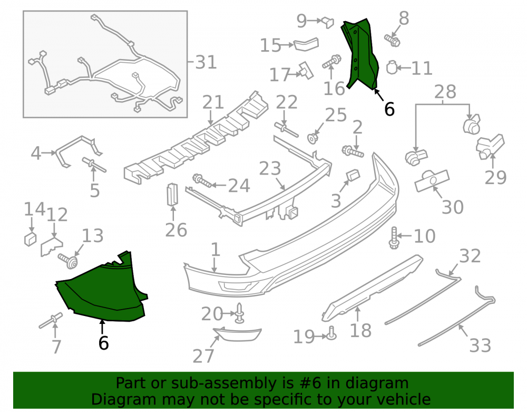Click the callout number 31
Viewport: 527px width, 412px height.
(206, 62)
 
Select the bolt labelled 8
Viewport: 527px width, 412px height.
(392, 41)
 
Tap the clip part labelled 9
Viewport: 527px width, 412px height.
(328, 22)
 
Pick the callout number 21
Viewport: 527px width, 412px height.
(213, 102)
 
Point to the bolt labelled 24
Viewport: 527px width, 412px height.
(202, 181)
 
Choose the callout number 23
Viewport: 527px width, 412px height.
(270, 168)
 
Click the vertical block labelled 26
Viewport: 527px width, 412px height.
(172, 194)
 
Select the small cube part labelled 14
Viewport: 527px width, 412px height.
(30, 238)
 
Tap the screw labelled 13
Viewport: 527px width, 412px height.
(68, 261)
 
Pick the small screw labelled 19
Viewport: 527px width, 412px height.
(331, 333)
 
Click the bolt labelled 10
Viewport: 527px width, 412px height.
(394, 238)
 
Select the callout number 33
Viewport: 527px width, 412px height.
(480, 345)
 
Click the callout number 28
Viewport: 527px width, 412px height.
(445, 91)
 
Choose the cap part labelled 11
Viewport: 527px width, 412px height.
(392, 68)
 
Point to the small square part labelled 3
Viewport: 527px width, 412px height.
(353, 175)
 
